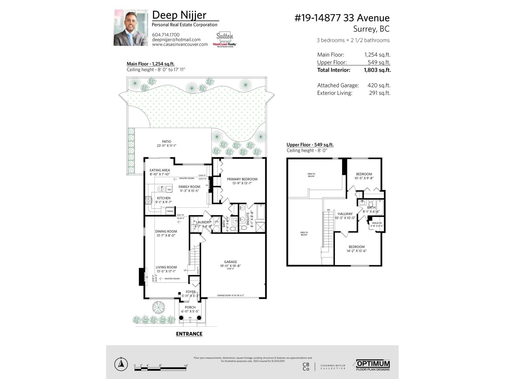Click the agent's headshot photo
(x=131, y=28)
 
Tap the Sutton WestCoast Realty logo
(x=225, y=40)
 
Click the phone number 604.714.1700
(x=166, y=35)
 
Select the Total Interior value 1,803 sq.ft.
(x=377, y=70)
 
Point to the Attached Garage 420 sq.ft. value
(x=379, y=85)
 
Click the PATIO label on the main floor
(x=167, y=142)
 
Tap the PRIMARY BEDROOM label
(x=242, y=179)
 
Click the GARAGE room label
(x=230, y=262)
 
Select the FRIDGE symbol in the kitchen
(x=170, y=211)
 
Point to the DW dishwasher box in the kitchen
(x=169, y=189)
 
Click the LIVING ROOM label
(x=166, y=267)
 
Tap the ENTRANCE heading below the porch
(x=189, y=334)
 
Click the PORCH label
(x=190, y=307)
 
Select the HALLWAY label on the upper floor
(x=345, y=214)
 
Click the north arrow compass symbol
(x=121, y=364)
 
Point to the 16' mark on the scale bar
(x=186, y=366)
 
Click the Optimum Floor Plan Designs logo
(x=373, y=365)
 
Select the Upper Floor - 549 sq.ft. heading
(x=310, y=145)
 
